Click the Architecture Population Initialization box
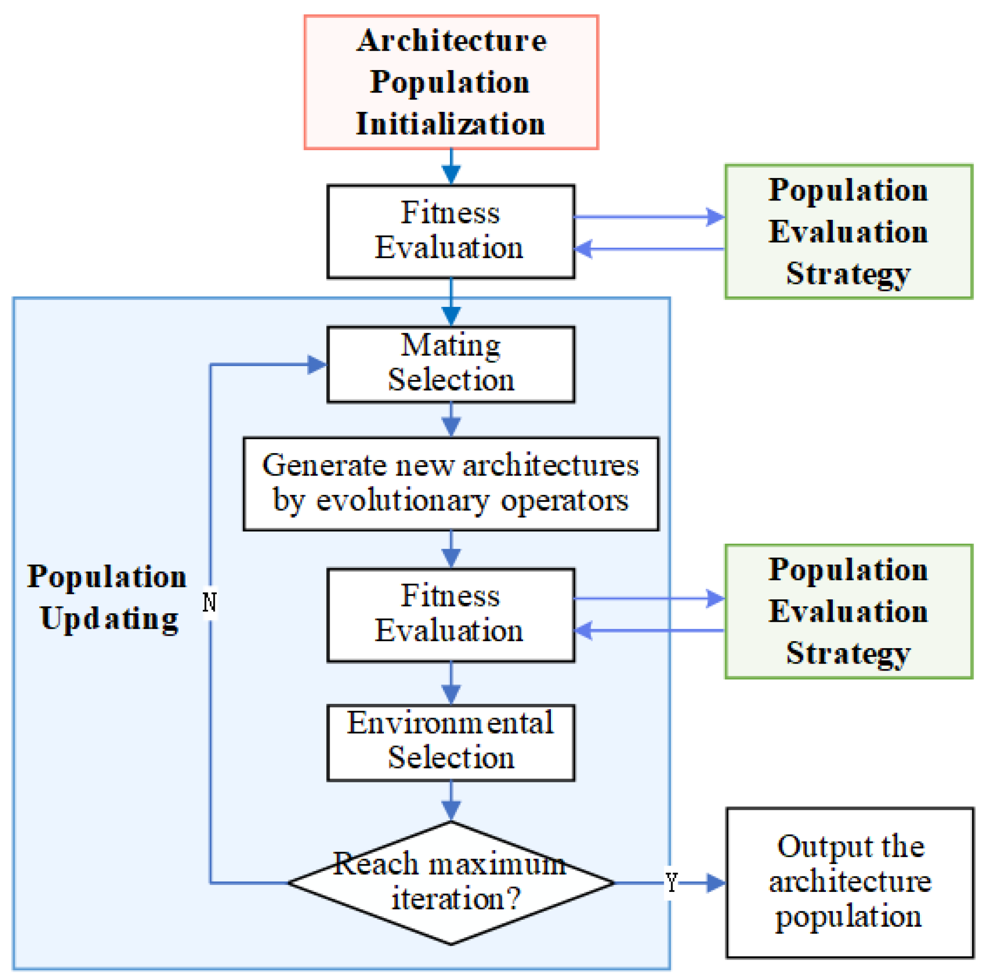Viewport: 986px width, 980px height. click(x=451, y=82)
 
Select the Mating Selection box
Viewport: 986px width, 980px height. click(x=451, y=365)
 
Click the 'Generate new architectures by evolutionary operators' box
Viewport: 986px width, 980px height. click(x=451, y=484)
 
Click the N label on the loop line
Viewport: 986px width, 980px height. click(x=210, y=602)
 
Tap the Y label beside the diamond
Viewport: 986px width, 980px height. click(x=672, y=882)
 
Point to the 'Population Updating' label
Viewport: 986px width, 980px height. click(x=107, y=597)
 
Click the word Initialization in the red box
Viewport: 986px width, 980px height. click(x=451, y=124)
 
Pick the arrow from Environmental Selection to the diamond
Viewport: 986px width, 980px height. click(x=451, y=802)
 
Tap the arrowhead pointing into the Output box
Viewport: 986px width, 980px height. click(x=716, y=882)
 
